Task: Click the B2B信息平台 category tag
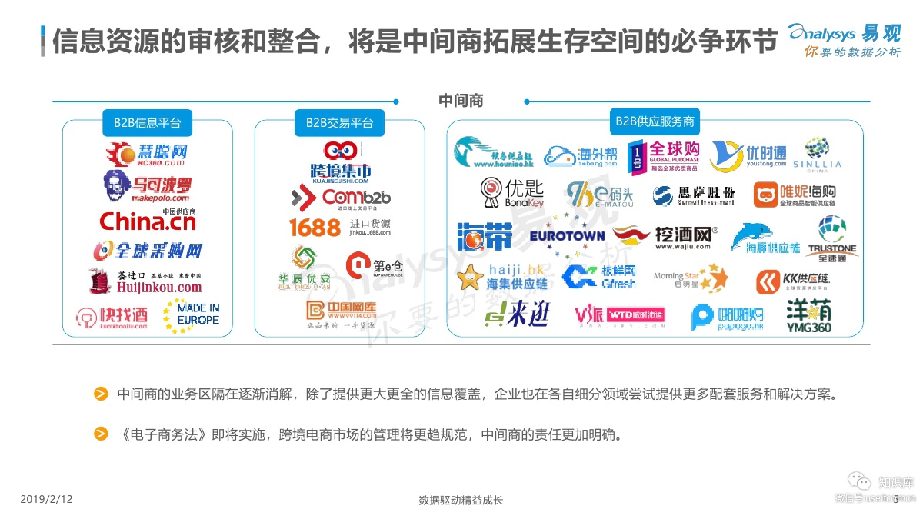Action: [x=148, y=122]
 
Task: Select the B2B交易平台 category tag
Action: [x=339, y=122]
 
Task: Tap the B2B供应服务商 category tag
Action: [x=655, y=121]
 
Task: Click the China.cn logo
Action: [x=148, y=221]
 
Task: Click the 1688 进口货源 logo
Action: [x=339, y=227]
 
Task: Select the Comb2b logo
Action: [x=340, y=198]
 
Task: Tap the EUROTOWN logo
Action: [x=567, y=235]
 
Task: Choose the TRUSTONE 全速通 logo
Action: [x=831, y=237]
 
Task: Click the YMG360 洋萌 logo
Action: [x=808, y=315]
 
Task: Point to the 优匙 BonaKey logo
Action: [x=513, y=192]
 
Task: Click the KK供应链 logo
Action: [x=793, y=281]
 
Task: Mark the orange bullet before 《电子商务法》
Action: [x=101, y=434]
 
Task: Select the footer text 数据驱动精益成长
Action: [x=461, y=501]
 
